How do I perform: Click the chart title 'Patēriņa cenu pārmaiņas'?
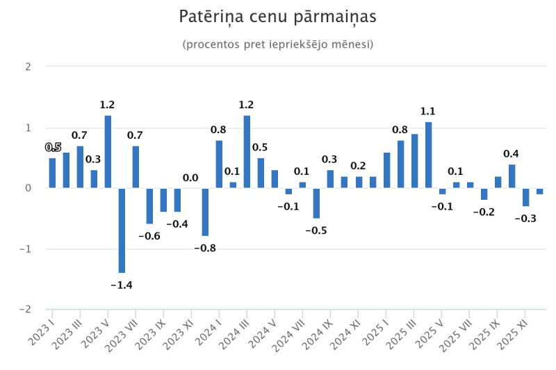[278, 16]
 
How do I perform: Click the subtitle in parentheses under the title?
[278, 44]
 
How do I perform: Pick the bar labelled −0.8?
[205, 212]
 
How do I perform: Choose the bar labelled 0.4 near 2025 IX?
[512, 176]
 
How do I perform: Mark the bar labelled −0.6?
[149, 205]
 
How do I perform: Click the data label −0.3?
[525, 218]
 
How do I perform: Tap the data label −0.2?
[483, 212]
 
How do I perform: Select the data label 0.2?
[358, 166]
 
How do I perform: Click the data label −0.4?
[177, 224]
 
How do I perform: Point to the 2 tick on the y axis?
[28, 67]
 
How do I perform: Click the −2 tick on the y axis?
[26, 309]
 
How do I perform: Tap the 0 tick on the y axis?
[28, 188]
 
